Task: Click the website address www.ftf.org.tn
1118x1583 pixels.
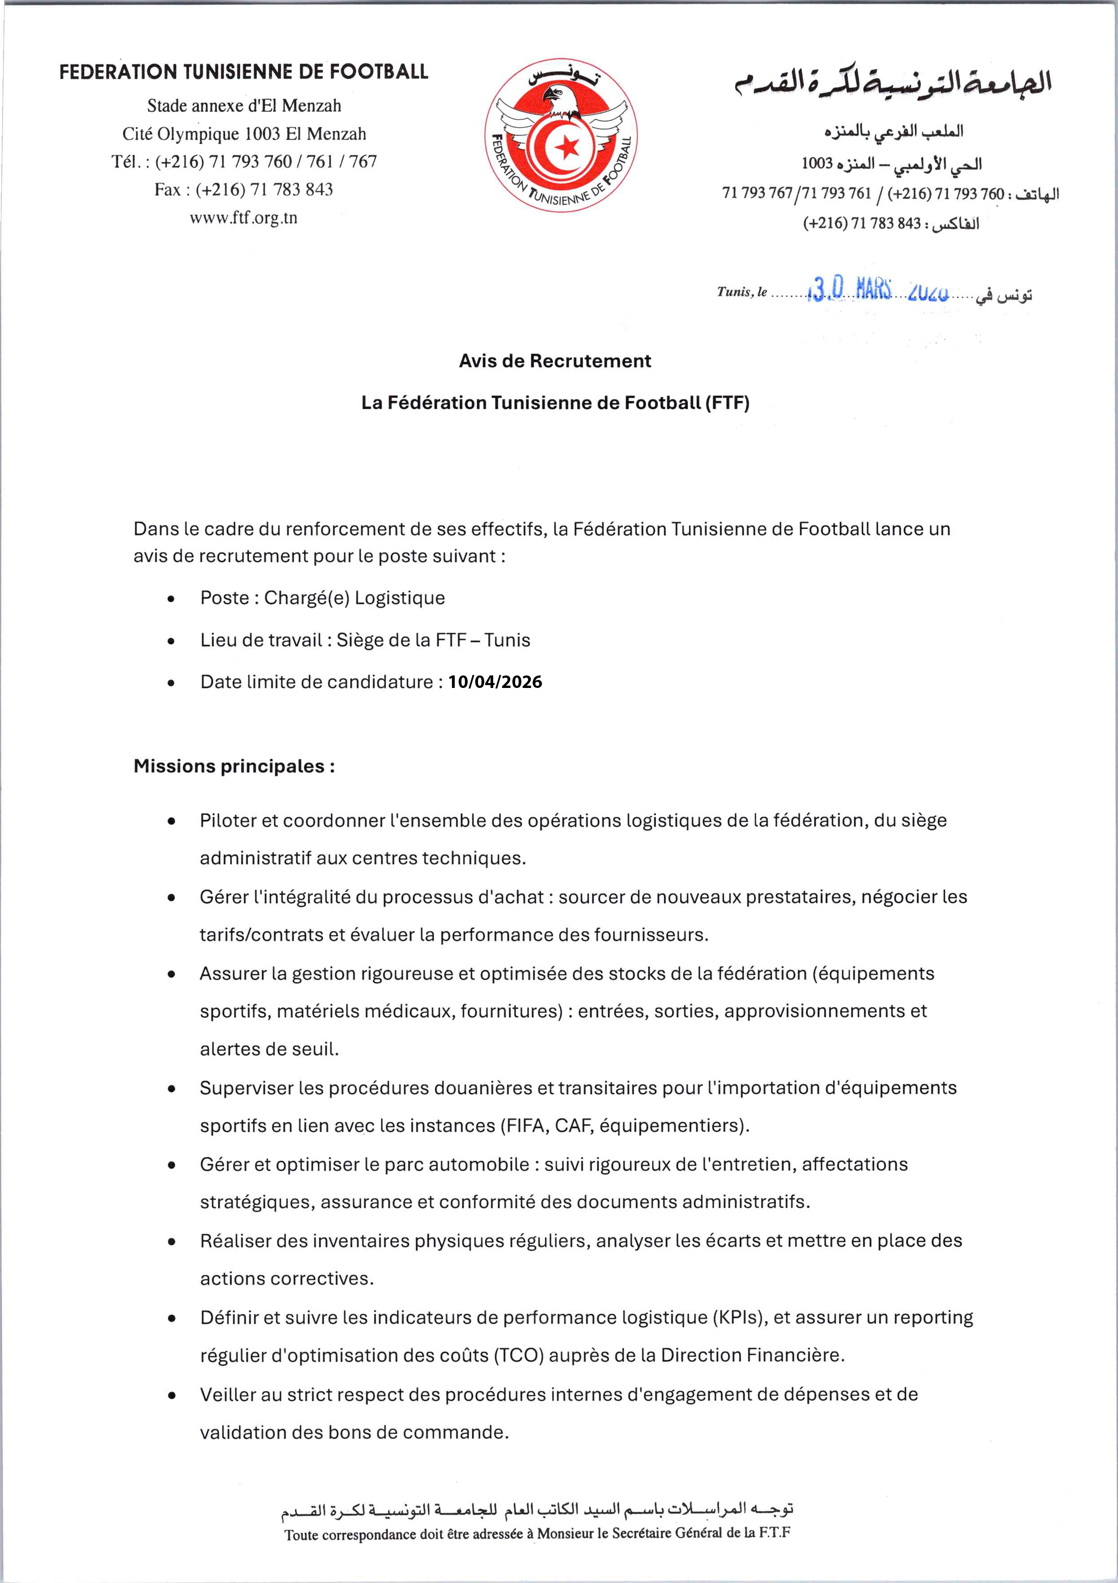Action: point(243,218)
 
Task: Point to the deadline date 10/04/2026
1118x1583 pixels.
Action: point(495,682)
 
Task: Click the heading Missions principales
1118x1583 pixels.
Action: point(234,766)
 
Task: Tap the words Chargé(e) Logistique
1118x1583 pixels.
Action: point(354,598)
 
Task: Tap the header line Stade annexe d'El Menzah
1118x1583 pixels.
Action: point(244,106)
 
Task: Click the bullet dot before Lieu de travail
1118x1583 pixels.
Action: point(171,641)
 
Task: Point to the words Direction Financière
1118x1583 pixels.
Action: point(752,1355)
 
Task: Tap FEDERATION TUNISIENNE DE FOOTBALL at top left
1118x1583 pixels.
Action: point(243,72)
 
